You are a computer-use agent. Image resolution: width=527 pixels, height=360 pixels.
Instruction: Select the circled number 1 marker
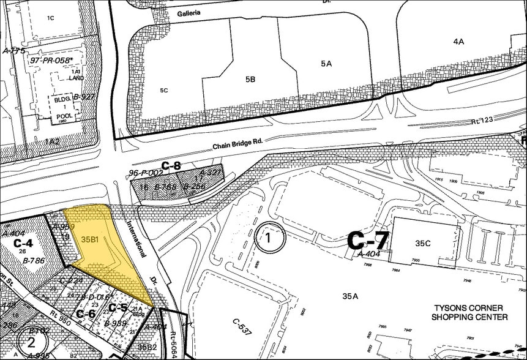coord(271,239)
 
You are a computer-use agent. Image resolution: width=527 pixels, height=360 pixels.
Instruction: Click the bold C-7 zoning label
coord(368,241)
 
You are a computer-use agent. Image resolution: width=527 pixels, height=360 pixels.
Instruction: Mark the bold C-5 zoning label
coord(118,307)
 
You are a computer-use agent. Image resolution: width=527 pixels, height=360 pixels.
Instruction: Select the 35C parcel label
coord(423,243)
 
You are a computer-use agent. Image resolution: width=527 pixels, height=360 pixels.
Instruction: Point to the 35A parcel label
coord(350,296)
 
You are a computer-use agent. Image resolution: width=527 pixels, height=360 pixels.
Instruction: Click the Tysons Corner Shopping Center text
coord(470,312)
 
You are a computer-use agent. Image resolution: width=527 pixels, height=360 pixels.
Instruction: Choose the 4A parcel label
coord(458,41)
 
